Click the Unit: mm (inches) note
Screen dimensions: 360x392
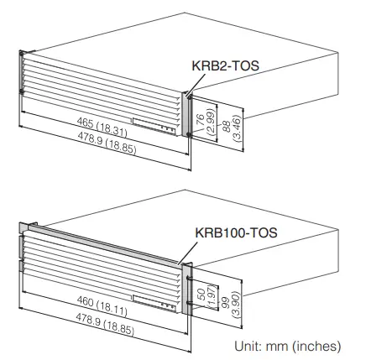(x=287, y=345)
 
